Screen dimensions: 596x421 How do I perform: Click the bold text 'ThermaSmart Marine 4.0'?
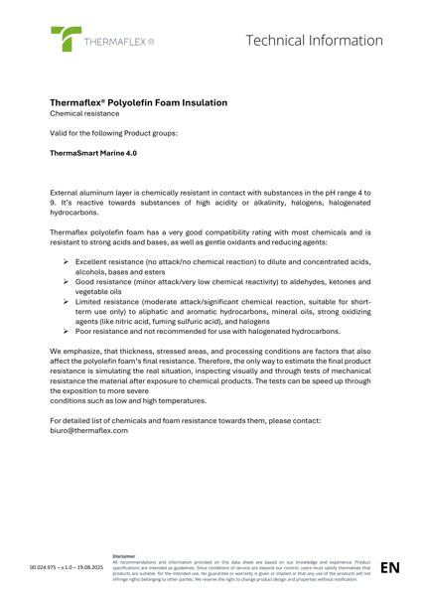point(93,154)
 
